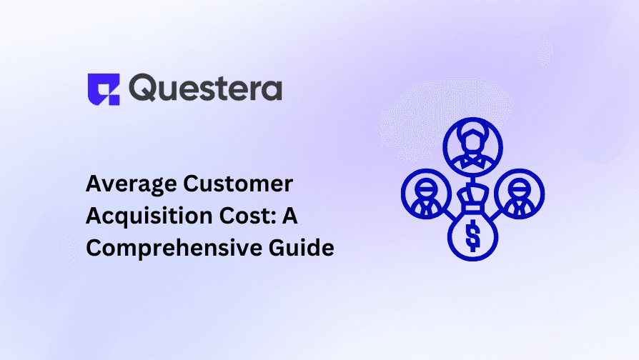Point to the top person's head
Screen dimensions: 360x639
pyautogui.click(x=472, y=139)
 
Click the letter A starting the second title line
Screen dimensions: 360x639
pyautogui.click(x=93, y=216)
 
